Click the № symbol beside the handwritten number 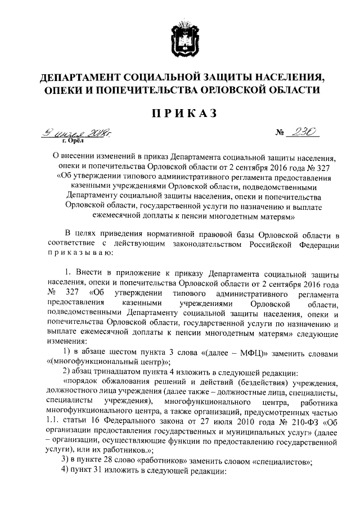[280, 134]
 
